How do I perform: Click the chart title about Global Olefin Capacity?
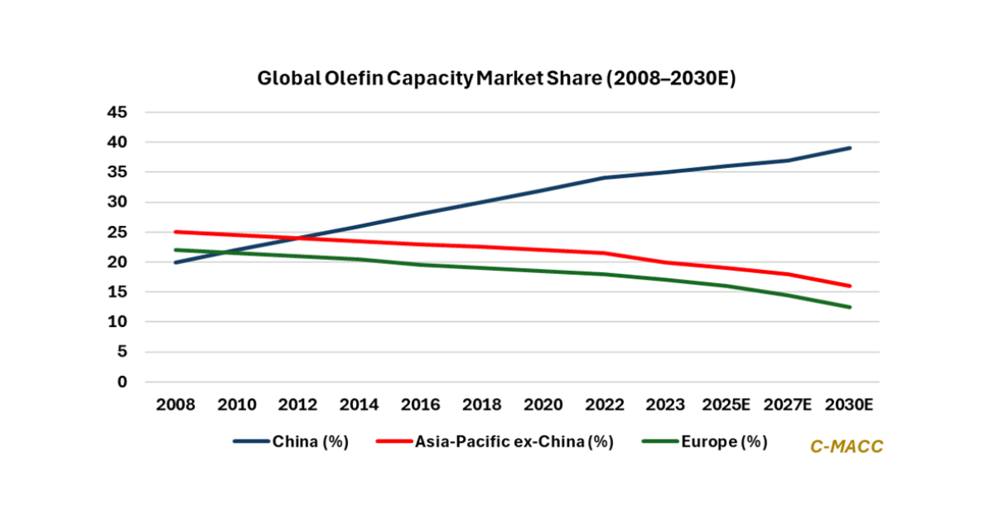tap(496, 79)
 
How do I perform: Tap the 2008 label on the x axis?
tap(175, 405)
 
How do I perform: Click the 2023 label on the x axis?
tap(666, 405)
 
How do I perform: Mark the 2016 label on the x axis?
tap(421, 405)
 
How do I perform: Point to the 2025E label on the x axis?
tap(727, 405)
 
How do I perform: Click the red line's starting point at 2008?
tap(175, 232)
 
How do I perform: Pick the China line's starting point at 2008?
tap(175, 262)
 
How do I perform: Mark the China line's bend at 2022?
tap(605, 178)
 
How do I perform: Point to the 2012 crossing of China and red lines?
tap(297, 238)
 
